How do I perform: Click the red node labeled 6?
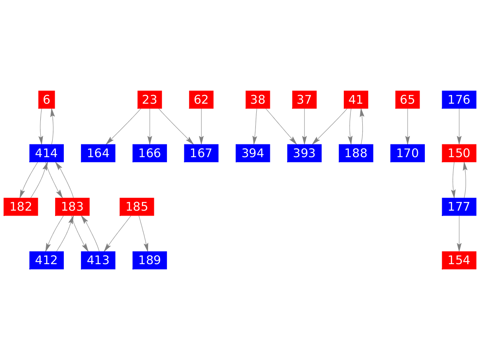click(x=46, y=100)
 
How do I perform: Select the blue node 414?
click(x=46, y=153)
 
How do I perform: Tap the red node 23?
click(x=150, y=100)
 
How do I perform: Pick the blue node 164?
click(x=98, y=153)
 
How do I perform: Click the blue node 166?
click(x=150, y=153)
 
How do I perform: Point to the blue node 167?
click(x=201, y=153)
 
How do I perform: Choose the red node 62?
click(x=201, y=100)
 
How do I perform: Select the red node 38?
click(x=258, y=100)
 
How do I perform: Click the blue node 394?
click(x=253, y=153)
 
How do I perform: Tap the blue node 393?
click(x=304, y=153)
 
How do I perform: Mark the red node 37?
click(x=304, y=100)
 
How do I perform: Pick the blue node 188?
click(x=356, y=153)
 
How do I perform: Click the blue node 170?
click(x=408, y=153)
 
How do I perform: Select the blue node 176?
click(x=459, y=100)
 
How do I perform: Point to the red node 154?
click(x=459, y=260)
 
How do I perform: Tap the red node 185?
click(x=137, y=207)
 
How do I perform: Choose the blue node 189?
click(x=150, y=260)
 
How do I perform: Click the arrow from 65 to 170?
click(x=408, y=126)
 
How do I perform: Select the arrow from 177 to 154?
click(x=459, y=234)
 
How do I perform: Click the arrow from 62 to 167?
click(x=201, y=126)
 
